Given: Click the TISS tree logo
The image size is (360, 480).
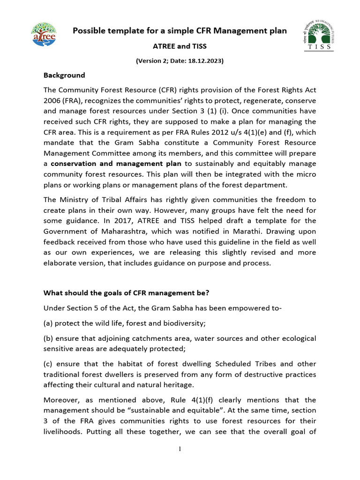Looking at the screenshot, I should [316, 34].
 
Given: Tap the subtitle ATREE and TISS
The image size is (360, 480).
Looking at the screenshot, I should [180, 46].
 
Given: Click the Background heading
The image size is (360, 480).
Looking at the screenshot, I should [64, 75].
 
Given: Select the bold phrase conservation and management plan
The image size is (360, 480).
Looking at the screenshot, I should [116, 164].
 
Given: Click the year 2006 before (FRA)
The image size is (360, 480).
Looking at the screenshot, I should [52, 101].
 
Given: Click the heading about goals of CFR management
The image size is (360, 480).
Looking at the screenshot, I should [126, 293].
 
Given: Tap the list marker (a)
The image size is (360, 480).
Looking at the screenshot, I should [49, 323].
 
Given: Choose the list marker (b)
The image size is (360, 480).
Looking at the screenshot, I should [49, 338].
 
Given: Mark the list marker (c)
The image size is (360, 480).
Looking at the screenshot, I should [49, 364].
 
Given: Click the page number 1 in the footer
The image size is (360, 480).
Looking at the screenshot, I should [180, 449].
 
